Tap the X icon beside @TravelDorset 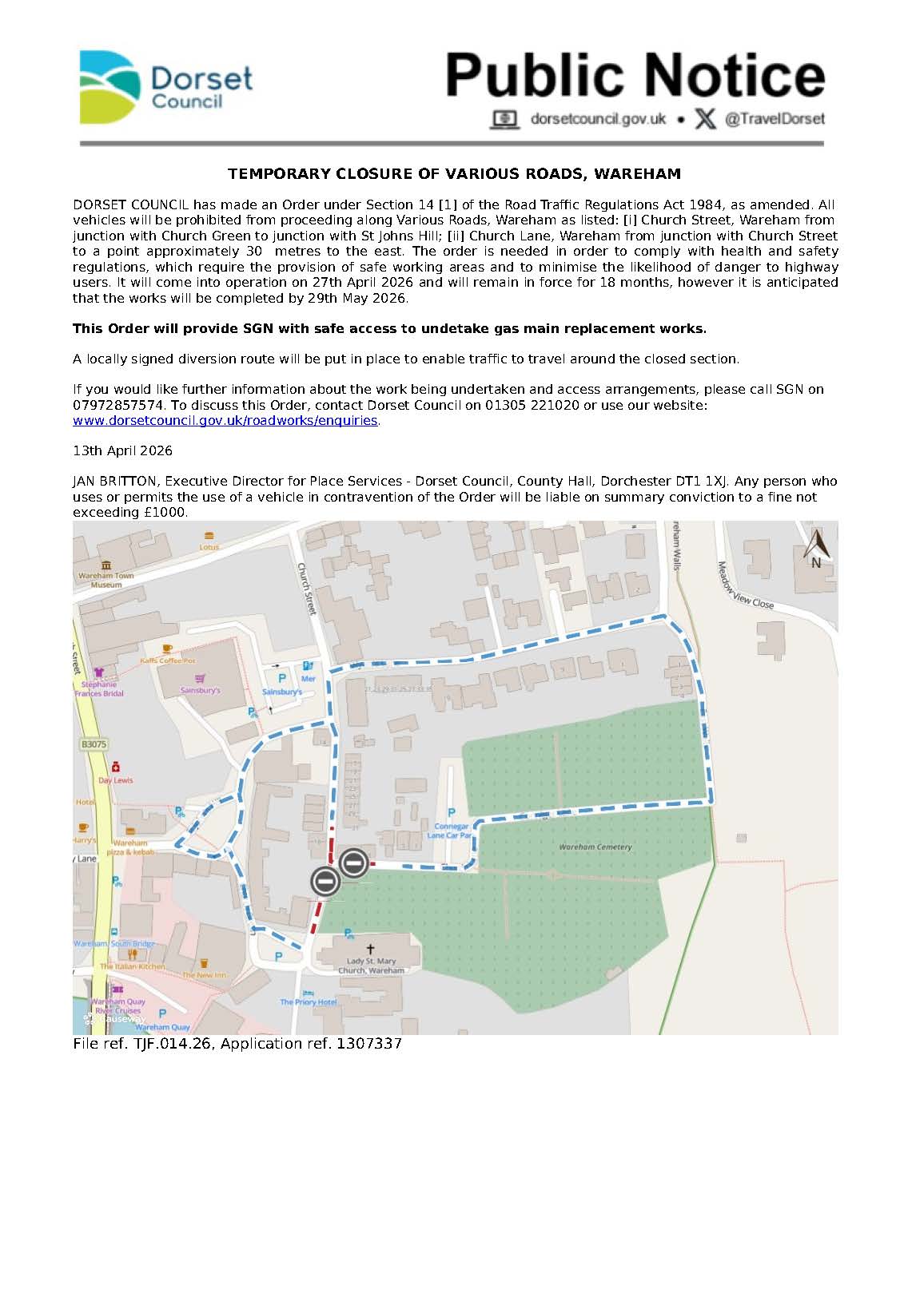coord(704,119)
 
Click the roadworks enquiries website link coord(225,420)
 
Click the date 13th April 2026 coord(122,450)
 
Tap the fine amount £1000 coord(164,512)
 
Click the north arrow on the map coord(815,548)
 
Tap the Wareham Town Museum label coord(106,580)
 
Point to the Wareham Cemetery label coord(595,847)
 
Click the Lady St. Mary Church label coord(371,966)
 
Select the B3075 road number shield coord(94,744)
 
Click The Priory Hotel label coord(309,1001)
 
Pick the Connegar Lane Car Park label coord(450,831)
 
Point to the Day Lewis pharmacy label coord(116,780)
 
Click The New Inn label coord(204,975)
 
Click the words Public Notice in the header coord(635,76)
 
